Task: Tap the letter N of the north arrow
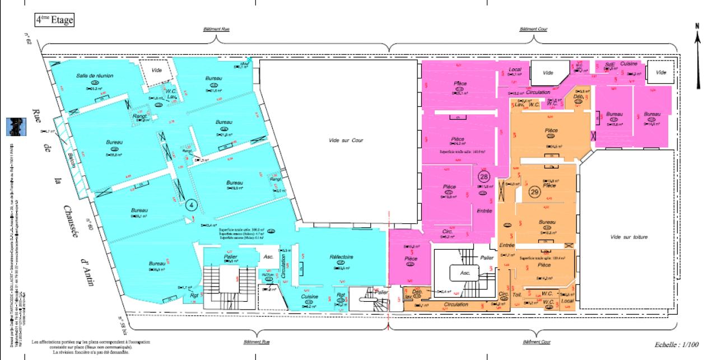[697, 26]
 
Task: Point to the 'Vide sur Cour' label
[346, 140]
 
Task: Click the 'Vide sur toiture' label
[629, 237]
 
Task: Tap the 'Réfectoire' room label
[341, 257]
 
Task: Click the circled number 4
[191, 204]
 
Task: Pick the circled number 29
[534, 191]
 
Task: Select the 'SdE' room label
[609, 64]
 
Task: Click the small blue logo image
[15, 127]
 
